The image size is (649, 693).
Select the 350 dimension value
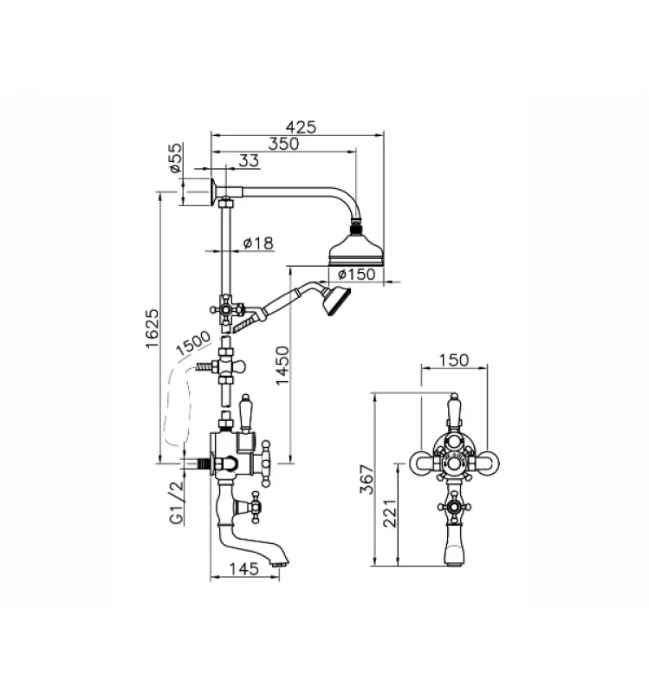282,145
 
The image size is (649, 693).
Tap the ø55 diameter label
175,160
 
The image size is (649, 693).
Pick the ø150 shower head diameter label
354,275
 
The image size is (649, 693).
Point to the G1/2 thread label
175,505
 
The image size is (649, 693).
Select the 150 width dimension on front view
454,359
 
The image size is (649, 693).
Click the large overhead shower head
354,250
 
